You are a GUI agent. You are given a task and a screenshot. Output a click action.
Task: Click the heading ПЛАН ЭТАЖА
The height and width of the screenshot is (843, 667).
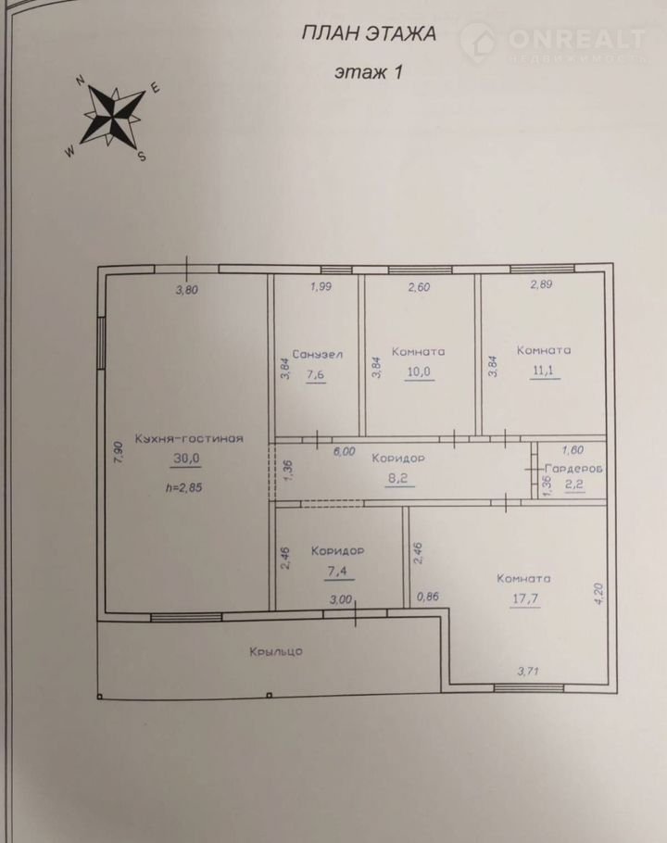(x=369, y=34)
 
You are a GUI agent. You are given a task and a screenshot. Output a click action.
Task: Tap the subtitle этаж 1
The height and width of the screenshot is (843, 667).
(x=369, y=71)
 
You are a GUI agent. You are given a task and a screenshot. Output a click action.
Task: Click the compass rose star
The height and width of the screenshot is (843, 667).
(x=113, y=114)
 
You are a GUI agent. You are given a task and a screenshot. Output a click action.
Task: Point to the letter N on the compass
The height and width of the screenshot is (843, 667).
(x=82, y=81)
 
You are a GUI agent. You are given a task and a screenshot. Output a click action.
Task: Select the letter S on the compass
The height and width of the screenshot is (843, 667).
(x=142, y=156)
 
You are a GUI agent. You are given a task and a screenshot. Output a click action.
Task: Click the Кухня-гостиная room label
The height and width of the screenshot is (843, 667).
(x=189, y=439)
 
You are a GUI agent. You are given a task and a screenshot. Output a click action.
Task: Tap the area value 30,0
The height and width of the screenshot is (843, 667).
(x=186, y=458)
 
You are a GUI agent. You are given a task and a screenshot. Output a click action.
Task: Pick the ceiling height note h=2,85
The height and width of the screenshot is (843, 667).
(x=183, y=487)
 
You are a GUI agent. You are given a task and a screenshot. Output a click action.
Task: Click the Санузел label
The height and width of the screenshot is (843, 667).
(x=317, y=354)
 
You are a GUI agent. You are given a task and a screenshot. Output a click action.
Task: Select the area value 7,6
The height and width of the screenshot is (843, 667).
(x=316, y=374)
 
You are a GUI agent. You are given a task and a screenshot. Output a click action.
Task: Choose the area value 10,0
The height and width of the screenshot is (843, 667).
(x=419, y=372)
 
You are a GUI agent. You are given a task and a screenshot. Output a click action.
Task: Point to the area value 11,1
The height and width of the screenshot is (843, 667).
(x=545, y=371)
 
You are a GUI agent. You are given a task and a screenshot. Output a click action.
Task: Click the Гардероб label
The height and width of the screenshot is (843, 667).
(x=573, y=469)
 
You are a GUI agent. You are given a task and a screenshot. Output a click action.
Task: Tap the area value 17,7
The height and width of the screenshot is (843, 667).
(x=525, y=598)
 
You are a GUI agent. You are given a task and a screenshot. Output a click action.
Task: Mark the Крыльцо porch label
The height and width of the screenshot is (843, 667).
(x=276, y=651)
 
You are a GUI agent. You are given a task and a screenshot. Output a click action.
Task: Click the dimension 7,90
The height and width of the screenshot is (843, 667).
(x=120, y=453)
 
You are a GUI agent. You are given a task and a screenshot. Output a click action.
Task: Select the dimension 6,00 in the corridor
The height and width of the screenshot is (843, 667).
(x=344, y=451)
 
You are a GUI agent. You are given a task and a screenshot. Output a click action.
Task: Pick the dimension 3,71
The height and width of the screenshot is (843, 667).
(x=528, y=671)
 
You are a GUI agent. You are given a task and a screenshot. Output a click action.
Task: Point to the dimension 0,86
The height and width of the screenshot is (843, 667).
(x=428, y=597)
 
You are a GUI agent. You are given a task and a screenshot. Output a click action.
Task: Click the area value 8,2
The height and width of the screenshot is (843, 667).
(x=397, y=478)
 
